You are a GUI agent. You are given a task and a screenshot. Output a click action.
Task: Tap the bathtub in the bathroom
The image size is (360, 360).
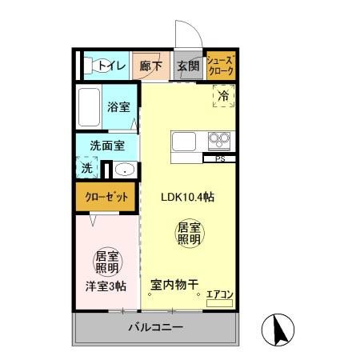click(89, 106)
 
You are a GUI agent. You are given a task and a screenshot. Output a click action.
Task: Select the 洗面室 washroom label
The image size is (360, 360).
click(106, 146)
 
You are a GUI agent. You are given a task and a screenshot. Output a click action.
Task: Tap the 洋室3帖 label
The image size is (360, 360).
click(106, 286)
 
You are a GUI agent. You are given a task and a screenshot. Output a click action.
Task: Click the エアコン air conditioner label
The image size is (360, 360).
click(219, 295)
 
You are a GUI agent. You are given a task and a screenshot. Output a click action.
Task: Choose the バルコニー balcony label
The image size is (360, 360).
click(156, 328)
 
